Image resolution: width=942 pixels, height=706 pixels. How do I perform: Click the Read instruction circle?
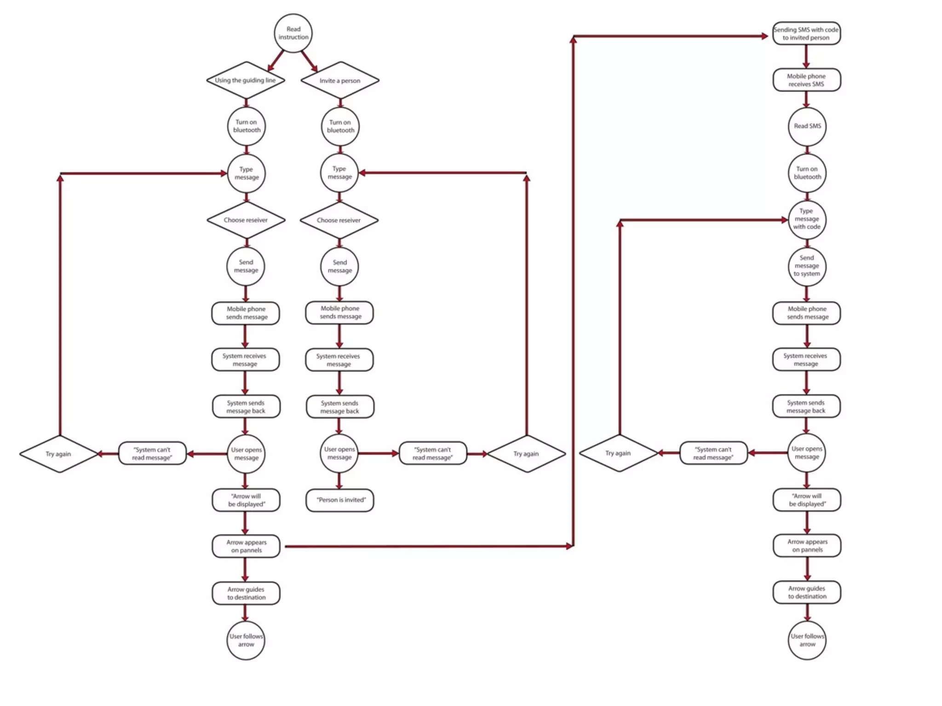pyautogui.click(x=293, y=33)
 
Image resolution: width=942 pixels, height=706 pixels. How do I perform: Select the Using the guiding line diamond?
pyautogui.click(x=246, y=80)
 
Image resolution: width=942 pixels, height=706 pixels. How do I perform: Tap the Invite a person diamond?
pyautogui.click(x=340, y=81)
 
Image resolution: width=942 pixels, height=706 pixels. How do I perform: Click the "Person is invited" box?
pyautogui.click(x=340, y=500)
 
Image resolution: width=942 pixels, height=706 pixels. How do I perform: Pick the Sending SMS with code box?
pyautogui.click(x=806, y=34)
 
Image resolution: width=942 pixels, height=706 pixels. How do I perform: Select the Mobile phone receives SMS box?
pyautogui.click(x=806, y=80)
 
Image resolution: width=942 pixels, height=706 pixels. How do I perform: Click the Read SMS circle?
pyautogui.click(x=807, y=126)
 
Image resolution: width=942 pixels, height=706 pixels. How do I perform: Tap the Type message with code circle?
pyautogui.click(x=807, y=219)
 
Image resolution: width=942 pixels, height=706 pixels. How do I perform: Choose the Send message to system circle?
pyautogui.click(x=807, y=266)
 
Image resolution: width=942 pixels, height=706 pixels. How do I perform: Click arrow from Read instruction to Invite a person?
pyautogui.click(x=310, y=61)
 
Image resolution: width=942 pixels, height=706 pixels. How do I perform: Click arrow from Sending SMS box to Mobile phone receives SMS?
pyautogui.click(x=806, y=57)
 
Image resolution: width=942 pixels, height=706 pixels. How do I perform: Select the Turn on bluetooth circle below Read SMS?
pyautogui.click(x=807, y=173)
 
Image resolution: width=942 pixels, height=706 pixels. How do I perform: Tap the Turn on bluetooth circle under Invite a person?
pyautogui.click(x=340, y=126)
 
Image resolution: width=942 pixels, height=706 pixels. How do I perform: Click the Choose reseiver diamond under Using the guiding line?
pyautogui.click(x=246, y=220)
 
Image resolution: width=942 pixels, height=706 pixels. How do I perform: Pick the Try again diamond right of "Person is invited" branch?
pyautogui.click(x=526, y=454)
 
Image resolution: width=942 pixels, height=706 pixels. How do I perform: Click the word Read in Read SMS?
pyautogui.click(x=800, y=126)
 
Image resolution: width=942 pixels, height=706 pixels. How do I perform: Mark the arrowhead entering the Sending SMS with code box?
pyautogui.click(x=764, y=36)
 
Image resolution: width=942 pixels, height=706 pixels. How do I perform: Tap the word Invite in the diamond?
pyautogui.click(x=327, y=81)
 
